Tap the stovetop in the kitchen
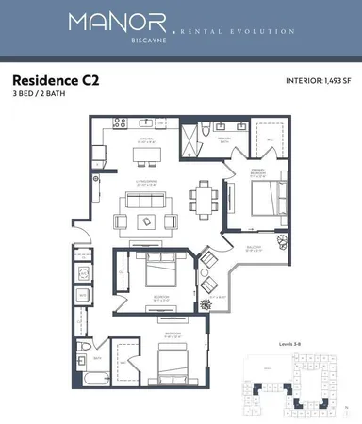coord(121,122)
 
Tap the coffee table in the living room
coord(147,220)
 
